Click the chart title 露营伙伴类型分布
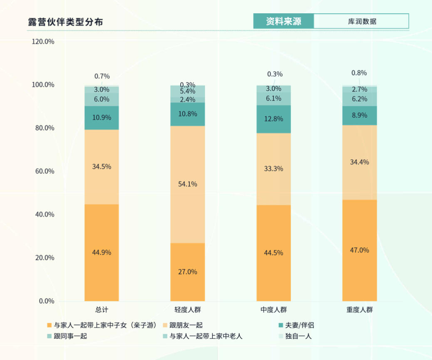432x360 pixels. pyautogui.click(x=65, y=22)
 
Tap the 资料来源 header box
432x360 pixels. pyautogui.click(x=283, y=21)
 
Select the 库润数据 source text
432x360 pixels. pyautogui.click(x=362, y=21)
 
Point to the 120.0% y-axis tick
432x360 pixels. pyautogui.click(x=43, y=42)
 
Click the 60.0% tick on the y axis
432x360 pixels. pyautogui.click(x=43, y=171)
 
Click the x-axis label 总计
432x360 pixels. pyautogui.click(x=102, y=310)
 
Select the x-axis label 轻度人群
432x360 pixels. pyautogui.click(x=188, y=310)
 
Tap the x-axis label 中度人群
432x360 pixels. pyautogui.click(x=274, y=310)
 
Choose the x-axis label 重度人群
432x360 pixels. pyautogui.click(x=360, y=310)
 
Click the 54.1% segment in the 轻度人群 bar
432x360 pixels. pyautogui.click(x=188, y=184)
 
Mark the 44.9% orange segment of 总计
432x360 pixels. pyautogui.click(x=102, y=252)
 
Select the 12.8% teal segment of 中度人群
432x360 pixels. pyautogui.click(x=274, y=119)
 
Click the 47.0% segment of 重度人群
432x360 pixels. pyautogui.click(x=360, y=250)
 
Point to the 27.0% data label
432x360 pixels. pyautogui.click(x=188, y=272)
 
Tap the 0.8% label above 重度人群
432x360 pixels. pyautogui.click(x=359, y=73)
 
